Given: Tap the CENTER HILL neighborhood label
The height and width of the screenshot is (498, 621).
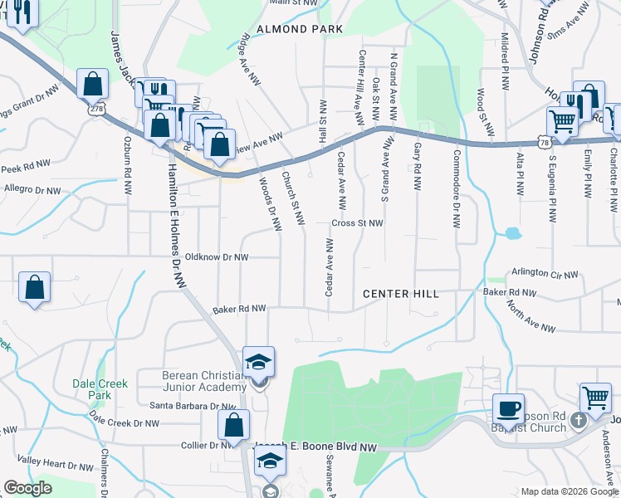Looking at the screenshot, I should tap(400, 294).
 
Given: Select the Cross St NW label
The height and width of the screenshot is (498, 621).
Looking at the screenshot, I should tap(357, 223).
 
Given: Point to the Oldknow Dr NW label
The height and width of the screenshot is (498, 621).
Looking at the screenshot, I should tap(217, 257).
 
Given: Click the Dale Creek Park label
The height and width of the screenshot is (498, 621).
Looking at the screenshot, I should tap(92, 389).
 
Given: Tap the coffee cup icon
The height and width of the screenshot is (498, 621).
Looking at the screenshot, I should tap(508, 408).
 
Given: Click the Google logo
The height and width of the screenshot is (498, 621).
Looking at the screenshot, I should tap(27, 488).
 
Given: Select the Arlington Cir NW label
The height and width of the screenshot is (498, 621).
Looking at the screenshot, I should tap(544, 272).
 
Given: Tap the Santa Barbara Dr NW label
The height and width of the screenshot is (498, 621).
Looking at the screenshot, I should tap(193, 406).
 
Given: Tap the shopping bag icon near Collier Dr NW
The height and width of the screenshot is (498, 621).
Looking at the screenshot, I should tap(233, 424).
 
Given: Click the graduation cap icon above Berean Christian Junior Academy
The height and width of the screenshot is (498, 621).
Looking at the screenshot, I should tap(259, 362).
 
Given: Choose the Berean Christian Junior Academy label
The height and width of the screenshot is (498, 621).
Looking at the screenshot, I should tap(204, 381).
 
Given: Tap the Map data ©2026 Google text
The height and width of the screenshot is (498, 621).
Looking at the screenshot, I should tap(570, 491).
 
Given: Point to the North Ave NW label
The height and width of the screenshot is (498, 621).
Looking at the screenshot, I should tap(531, 317).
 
